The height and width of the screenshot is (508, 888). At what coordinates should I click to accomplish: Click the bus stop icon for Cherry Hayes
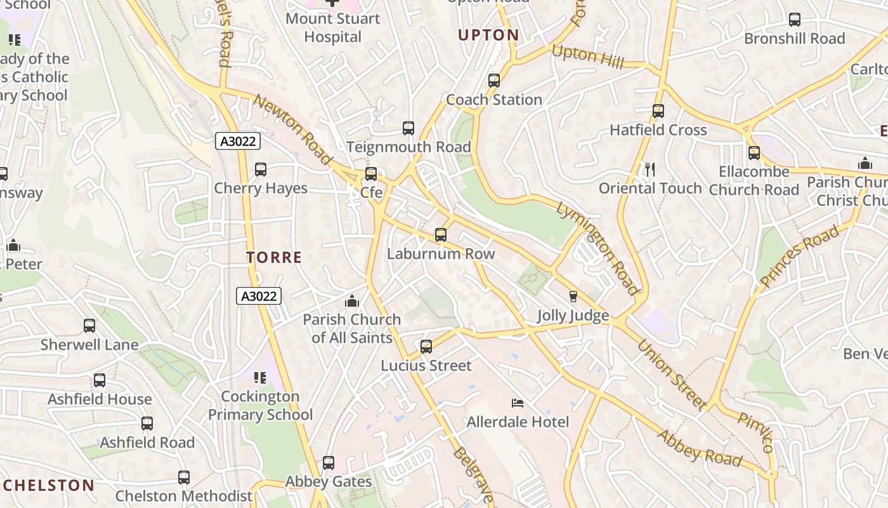click(260, 170)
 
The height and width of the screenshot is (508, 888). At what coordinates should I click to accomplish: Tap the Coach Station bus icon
click(494, 81)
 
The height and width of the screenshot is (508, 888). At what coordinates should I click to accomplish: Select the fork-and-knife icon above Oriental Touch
click(650, 169)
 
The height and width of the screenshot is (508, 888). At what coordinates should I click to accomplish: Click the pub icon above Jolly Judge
click(573, 297)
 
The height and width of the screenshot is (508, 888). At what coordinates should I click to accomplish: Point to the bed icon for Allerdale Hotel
click(518, 403)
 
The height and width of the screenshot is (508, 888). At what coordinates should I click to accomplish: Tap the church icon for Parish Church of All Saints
click(351, 301)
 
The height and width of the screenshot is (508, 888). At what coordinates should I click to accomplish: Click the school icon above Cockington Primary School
click(260, 378)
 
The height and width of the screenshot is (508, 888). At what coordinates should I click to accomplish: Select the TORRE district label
click(274, 257)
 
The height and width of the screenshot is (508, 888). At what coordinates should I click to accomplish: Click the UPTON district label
click(488, 36)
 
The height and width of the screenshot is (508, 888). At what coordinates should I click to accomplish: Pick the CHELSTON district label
click(48, 486)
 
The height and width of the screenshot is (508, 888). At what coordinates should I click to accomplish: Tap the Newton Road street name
click(293, 130)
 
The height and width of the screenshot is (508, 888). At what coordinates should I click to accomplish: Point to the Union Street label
click(672, 375)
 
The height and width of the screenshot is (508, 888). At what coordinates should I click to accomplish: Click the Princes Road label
click(799, 255)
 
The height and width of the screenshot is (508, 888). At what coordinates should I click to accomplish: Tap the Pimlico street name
click(756, 432)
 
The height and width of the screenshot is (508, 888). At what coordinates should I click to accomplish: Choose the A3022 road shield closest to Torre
click(259, 296)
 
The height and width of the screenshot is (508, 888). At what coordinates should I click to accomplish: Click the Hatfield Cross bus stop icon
click(658, 111)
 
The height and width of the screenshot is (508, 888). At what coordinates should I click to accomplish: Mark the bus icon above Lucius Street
click(426, 347)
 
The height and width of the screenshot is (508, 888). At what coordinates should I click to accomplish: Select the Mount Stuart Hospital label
click(332, 27)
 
